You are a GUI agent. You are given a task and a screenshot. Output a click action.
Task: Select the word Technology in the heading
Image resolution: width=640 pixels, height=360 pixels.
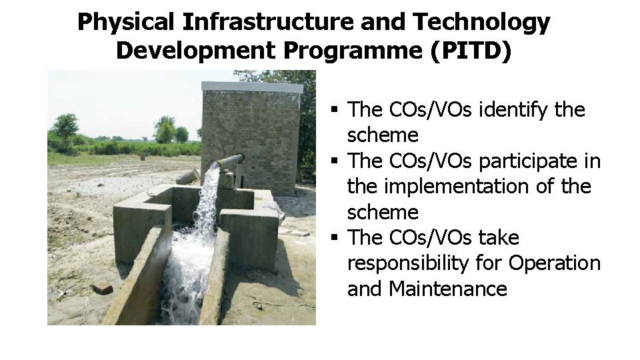point(481,22)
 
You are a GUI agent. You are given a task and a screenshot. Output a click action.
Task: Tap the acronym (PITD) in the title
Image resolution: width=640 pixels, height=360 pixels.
point(471,51)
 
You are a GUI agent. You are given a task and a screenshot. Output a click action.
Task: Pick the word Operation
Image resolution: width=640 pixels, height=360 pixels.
point(554,263)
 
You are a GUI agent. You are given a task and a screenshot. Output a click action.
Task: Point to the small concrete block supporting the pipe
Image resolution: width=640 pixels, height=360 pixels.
point(229,179)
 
